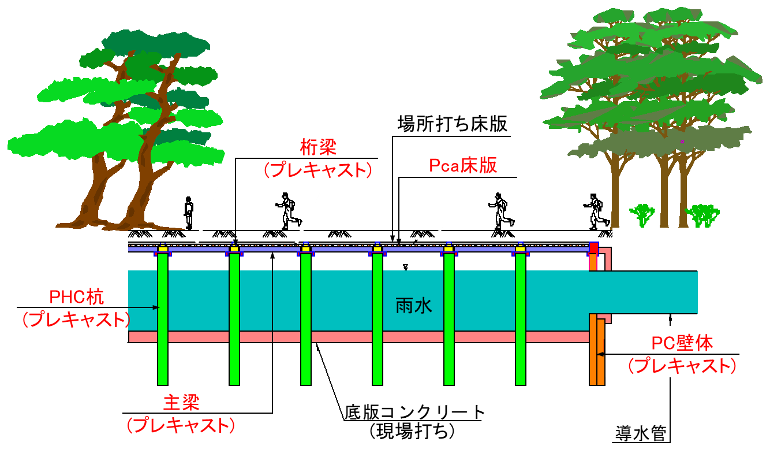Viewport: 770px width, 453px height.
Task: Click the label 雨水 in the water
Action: click(x=413, y=306)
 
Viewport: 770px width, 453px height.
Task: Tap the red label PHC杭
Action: click(x=76, y=297)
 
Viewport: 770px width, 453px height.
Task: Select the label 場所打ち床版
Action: click(x=453, y=124)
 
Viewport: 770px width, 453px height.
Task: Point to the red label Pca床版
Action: click(x=463, y=166)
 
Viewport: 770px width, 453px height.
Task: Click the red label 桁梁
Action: click(x=318, y=147)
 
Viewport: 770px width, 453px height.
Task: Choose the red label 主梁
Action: click(x=181, y=402)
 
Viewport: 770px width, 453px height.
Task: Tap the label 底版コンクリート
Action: click(x=414, y=412)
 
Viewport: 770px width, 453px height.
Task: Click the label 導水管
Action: click(x=641, y=433)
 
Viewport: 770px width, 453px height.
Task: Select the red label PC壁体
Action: click(x=682, y=343)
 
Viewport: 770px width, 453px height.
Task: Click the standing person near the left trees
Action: click(x=188, y=213)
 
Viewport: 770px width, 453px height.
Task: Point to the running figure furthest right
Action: click(x=596, y=211)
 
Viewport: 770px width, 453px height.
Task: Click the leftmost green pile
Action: click(x=163, y=319)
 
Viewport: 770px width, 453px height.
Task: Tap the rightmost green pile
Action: click(x=521, y=319)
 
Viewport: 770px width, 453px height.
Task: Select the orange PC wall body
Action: click(x=597, y=350)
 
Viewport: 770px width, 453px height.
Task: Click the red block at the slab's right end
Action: click(x=593, y=248)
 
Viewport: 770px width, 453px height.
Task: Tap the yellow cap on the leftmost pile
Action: click(x=163, y=249)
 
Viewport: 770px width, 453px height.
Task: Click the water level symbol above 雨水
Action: click(x=406, y=267)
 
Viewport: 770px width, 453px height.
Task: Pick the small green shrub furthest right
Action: click(x=702, y=216)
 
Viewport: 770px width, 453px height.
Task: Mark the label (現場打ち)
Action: click(x=412, y=430)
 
